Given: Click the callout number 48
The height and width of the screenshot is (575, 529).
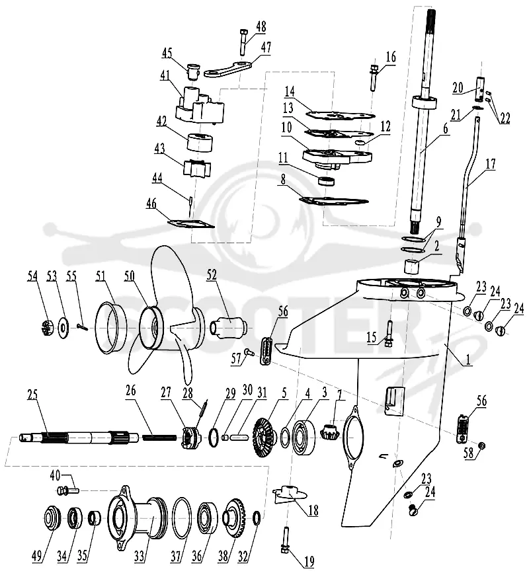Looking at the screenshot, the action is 261,27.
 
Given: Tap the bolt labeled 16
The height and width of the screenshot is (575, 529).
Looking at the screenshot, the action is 374,78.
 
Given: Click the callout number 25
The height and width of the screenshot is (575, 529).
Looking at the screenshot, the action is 32,395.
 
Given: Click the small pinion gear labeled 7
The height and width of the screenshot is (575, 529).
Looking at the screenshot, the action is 329,432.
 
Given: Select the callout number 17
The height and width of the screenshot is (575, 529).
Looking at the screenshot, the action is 491,163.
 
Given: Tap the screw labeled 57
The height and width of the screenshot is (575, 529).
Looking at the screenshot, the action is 249,352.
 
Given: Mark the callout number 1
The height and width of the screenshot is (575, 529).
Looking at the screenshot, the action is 468,360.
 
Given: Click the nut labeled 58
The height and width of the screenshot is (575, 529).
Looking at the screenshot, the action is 483,445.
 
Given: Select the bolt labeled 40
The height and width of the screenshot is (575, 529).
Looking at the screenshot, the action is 69,490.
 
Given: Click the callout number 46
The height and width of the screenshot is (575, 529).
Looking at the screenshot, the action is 151,204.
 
